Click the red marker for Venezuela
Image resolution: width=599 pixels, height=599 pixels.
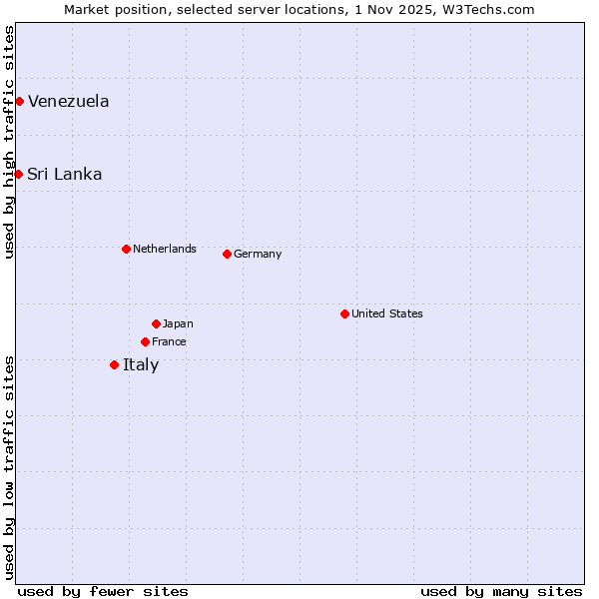(19, 101)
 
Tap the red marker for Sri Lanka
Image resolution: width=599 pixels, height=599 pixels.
(18, 174)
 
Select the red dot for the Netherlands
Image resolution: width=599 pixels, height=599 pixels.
(126, 249)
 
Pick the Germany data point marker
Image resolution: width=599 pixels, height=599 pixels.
(227, 254)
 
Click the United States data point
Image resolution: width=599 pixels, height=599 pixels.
(344, 313)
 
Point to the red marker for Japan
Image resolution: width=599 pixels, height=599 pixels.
(156, 323)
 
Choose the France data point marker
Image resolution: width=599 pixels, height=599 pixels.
(145, 341)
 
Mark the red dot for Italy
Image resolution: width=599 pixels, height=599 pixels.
(114, 364)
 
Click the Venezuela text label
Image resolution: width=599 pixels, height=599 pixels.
(69, 101)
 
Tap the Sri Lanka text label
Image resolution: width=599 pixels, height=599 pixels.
(65, 174)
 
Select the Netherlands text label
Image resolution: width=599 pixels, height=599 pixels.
(165, 249)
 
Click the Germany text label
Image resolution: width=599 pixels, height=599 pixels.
(258, 254)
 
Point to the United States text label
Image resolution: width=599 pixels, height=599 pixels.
(387, 313)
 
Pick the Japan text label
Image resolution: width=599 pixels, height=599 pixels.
(178, 323)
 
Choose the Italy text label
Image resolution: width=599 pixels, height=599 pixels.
(141, 364)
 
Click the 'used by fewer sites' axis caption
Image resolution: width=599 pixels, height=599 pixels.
(103, 591)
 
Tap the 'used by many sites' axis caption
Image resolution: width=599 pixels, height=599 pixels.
(501, 591)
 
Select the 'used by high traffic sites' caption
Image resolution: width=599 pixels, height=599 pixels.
(9, 142)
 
